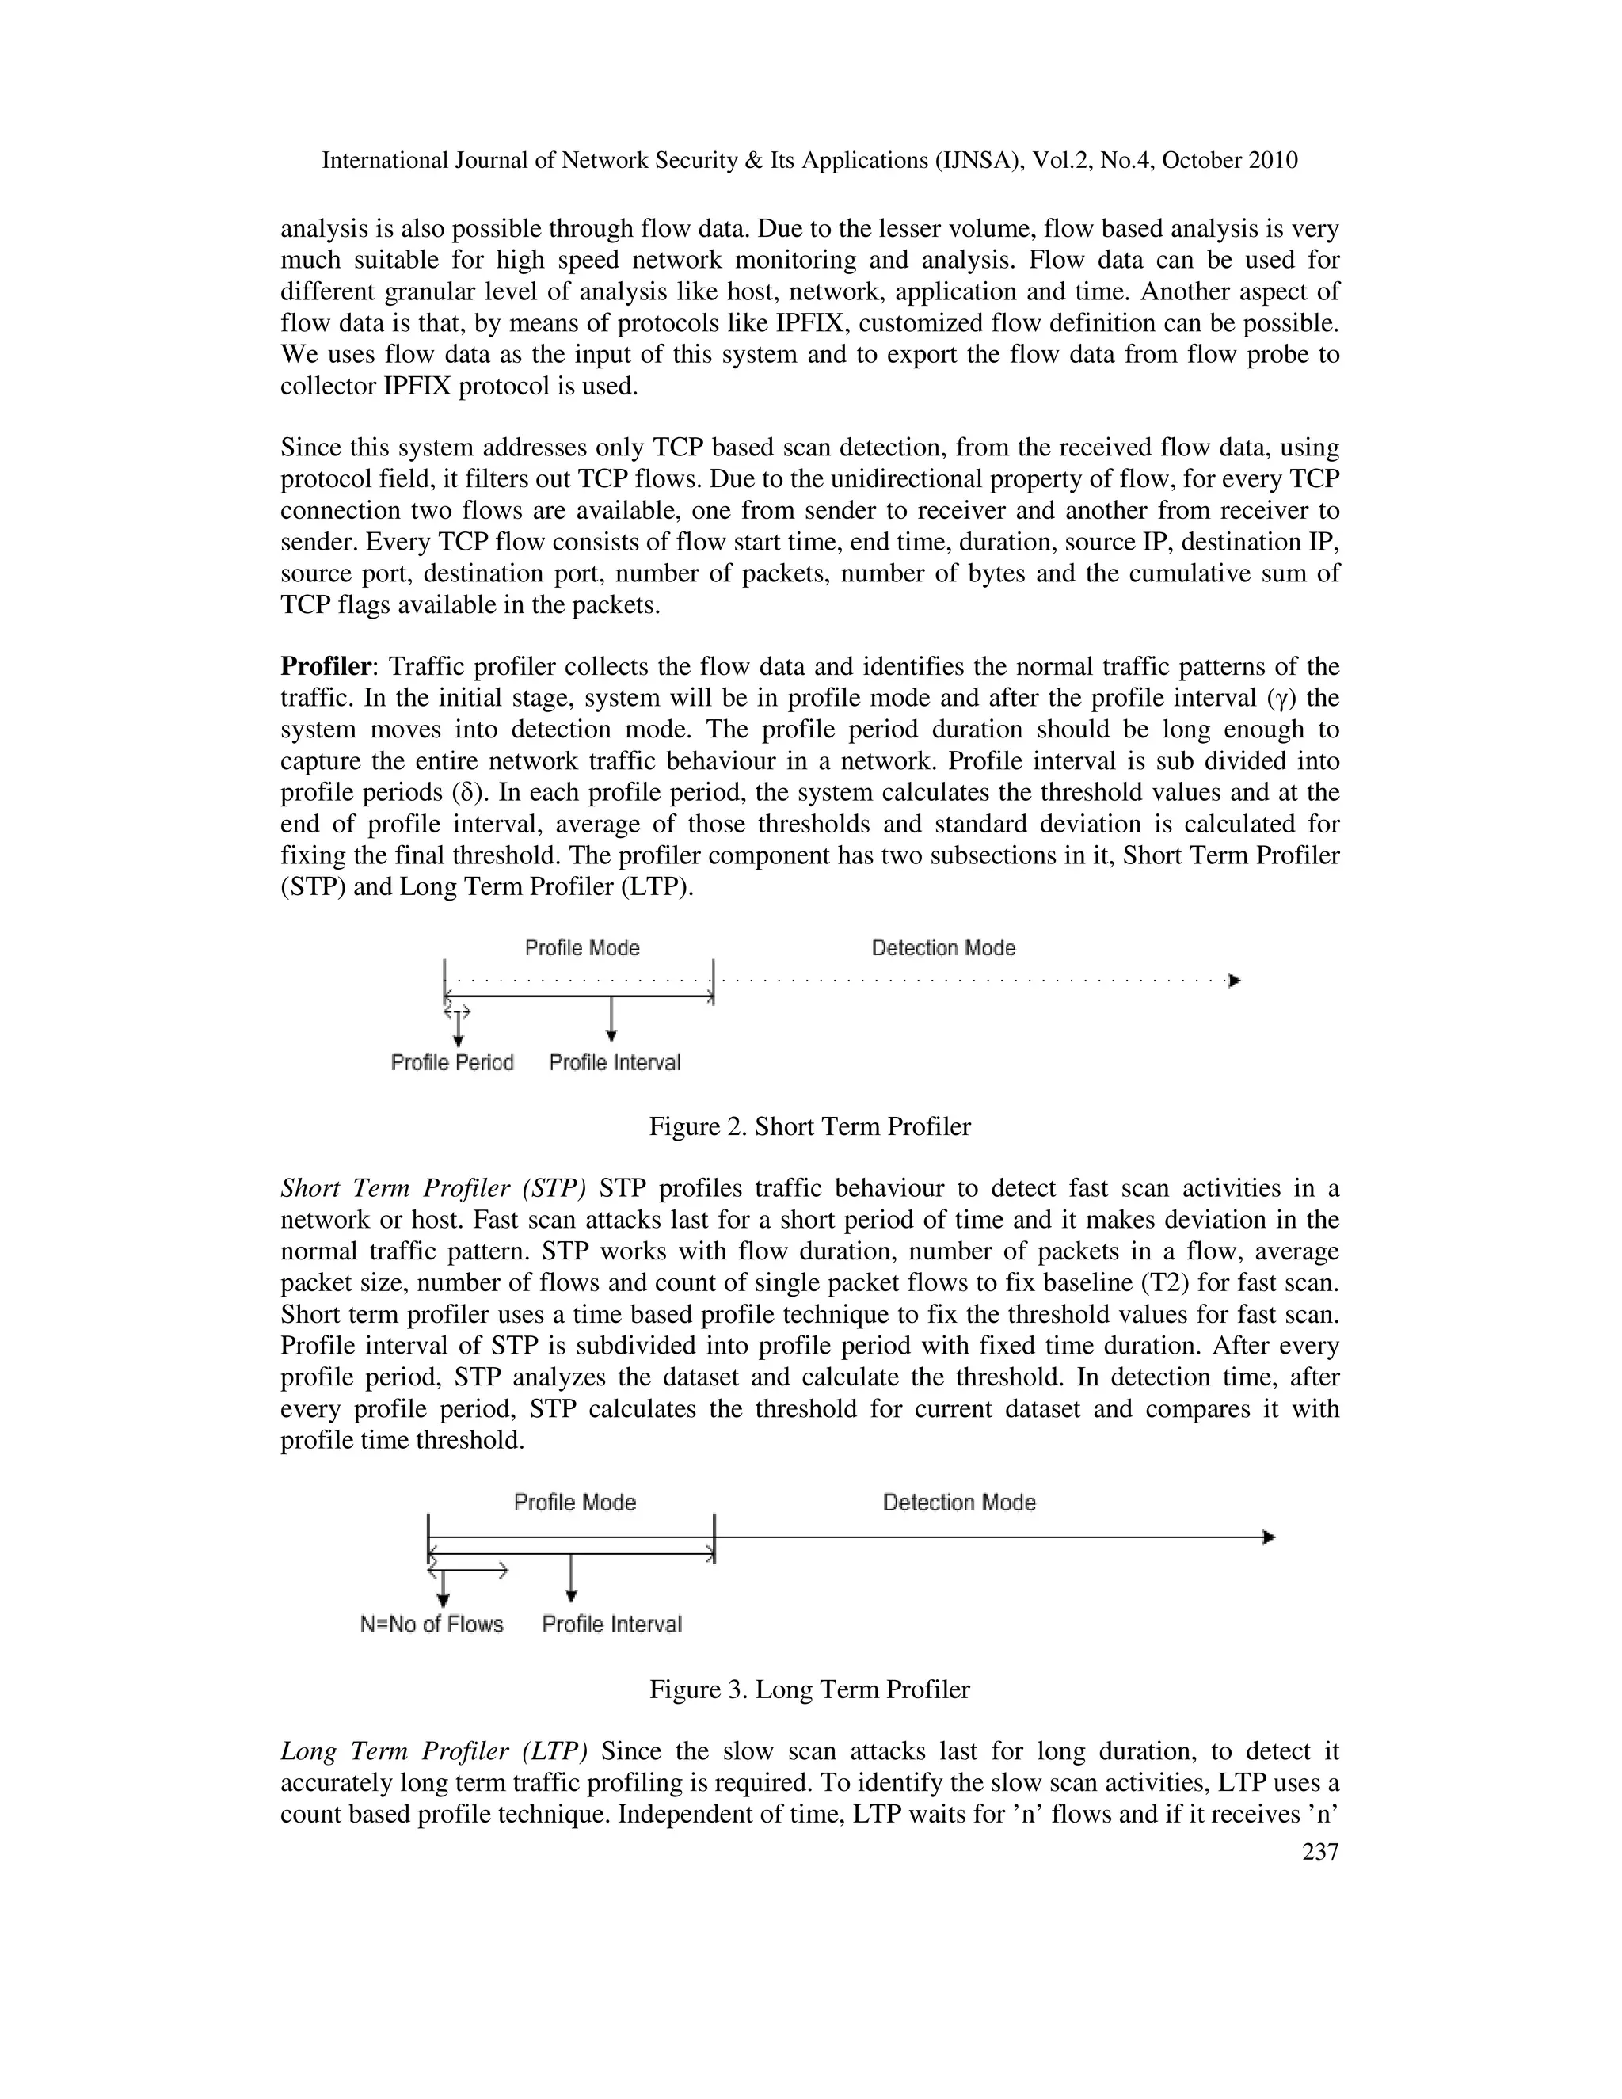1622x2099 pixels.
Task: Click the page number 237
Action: [x=1319, y=1852]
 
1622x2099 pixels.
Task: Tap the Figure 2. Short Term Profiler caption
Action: [x=809, y=1126]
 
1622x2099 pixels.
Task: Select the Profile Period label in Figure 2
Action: [x=451, y=1062]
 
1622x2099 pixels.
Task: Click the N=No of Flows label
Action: [x=432, y=1625]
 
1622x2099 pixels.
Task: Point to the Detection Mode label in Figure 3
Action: [x=958, y=1502]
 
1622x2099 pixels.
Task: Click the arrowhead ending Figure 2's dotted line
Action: [x=1235, y=981]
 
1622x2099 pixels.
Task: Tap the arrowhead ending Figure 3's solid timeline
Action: [x=1269, y=1537]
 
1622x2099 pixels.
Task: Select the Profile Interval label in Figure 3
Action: [x=611, y=1625]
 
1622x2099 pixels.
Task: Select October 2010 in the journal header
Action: [x=1229, y=161]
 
